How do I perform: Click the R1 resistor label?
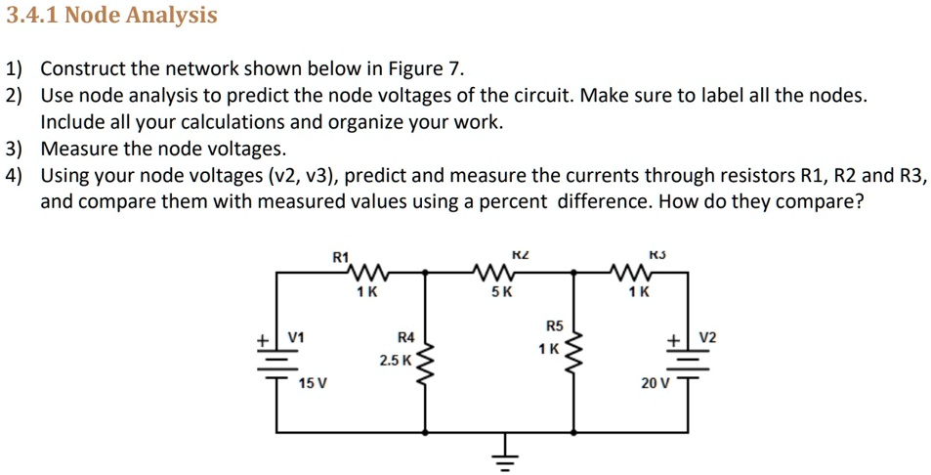[339, 257]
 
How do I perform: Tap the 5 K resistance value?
[501, 292]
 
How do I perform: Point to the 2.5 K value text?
[396, 361]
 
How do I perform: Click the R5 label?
[554, 325]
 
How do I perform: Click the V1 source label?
[296, 337]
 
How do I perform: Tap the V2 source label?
[708, 337]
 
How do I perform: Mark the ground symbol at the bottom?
[504, 456]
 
